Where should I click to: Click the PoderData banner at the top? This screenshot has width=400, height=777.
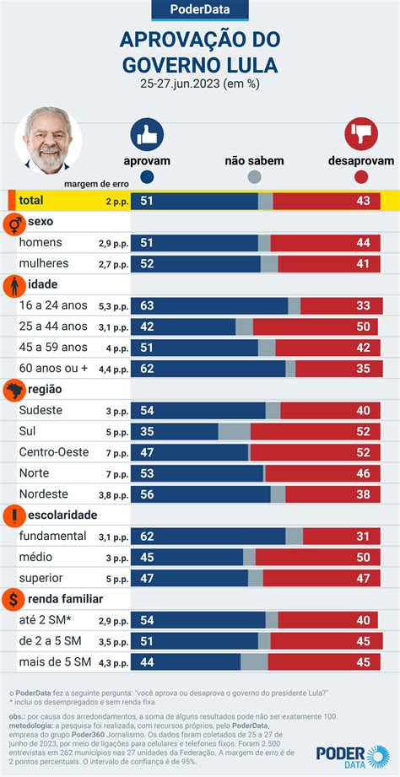tap(199, 10)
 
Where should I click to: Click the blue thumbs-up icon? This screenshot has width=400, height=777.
tap(147, 134)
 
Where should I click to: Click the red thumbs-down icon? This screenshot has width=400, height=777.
tap(360, 134)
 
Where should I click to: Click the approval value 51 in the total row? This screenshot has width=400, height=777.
tap(146, 201)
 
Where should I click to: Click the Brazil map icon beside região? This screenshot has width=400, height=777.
tap(14, 390)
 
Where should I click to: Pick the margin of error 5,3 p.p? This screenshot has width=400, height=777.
tap(112, 307)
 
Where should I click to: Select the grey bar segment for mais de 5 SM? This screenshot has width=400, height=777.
tap(254, 662)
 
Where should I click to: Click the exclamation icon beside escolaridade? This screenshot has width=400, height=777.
tap(14, 515)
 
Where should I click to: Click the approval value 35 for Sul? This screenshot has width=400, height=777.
tap(146, 431)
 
